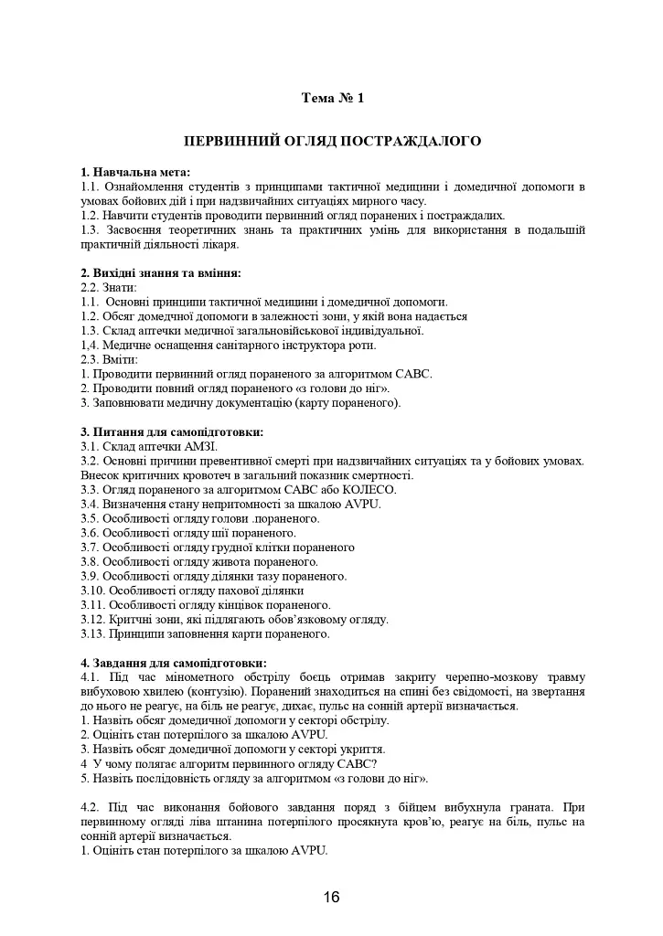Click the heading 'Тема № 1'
(x=332, y=98)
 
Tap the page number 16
(x=331, y=897)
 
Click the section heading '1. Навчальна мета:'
(x=135, y=172)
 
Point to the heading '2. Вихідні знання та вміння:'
(x=161, y=273)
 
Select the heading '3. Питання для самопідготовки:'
(x=172, y=431)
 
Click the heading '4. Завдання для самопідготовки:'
(x=174, y=662)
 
